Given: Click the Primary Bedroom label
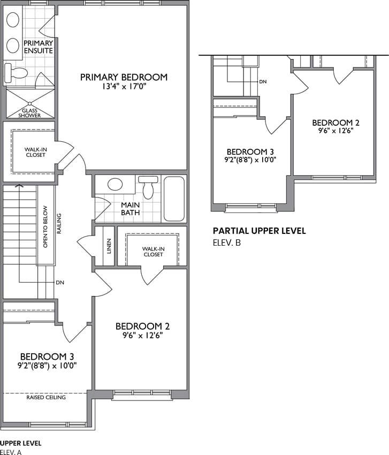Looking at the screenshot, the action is pyautogui.click(x=124, y=77).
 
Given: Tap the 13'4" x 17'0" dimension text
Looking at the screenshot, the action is pyautogui.click(x=124, y=87).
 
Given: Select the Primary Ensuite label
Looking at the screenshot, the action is pyautogui.click(x=39, y=47).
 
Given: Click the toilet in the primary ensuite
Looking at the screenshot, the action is pyautogui.click(x=16, y=73).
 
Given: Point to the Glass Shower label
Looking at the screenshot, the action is pyautogui.click(x=29, y=113).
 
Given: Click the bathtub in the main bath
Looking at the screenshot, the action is pyautogui.click(x=174, y=199).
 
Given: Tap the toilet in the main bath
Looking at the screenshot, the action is pyautogui.click(x=148, y=187).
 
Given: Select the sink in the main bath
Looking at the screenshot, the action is pyautogui.click(x=115, y=184).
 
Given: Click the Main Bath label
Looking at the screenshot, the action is pyautogui.click(x=130, y=209).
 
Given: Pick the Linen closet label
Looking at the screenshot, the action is pyautogui.click(x=109, y=246).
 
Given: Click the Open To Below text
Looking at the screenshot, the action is pyautogui.click(x=45, y=226).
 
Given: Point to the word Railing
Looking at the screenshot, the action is pyautogui.click(x=59, y=223).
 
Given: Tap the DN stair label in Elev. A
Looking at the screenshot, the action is pyautogui.click(x=60, y=282).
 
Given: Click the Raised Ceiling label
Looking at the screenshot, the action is pyautogui.click(x=46, y=397).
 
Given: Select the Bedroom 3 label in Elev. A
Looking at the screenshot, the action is pyautogui.click(x=47, y=357).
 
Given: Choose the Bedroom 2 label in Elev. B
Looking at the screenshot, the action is pyautogui.click(x=335, y=123).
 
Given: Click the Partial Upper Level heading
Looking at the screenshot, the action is pyautogui.click(x=260, y=231).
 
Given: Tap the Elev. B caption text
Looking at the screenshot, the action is pyautogui.click(x=227, y=242).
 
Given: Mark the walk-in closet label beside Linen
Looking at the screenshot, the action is pyautogui.click(x=153, y=252).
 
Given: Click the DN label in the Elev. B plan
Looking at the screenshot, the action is pyautogui.click(x=263, y=82).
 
